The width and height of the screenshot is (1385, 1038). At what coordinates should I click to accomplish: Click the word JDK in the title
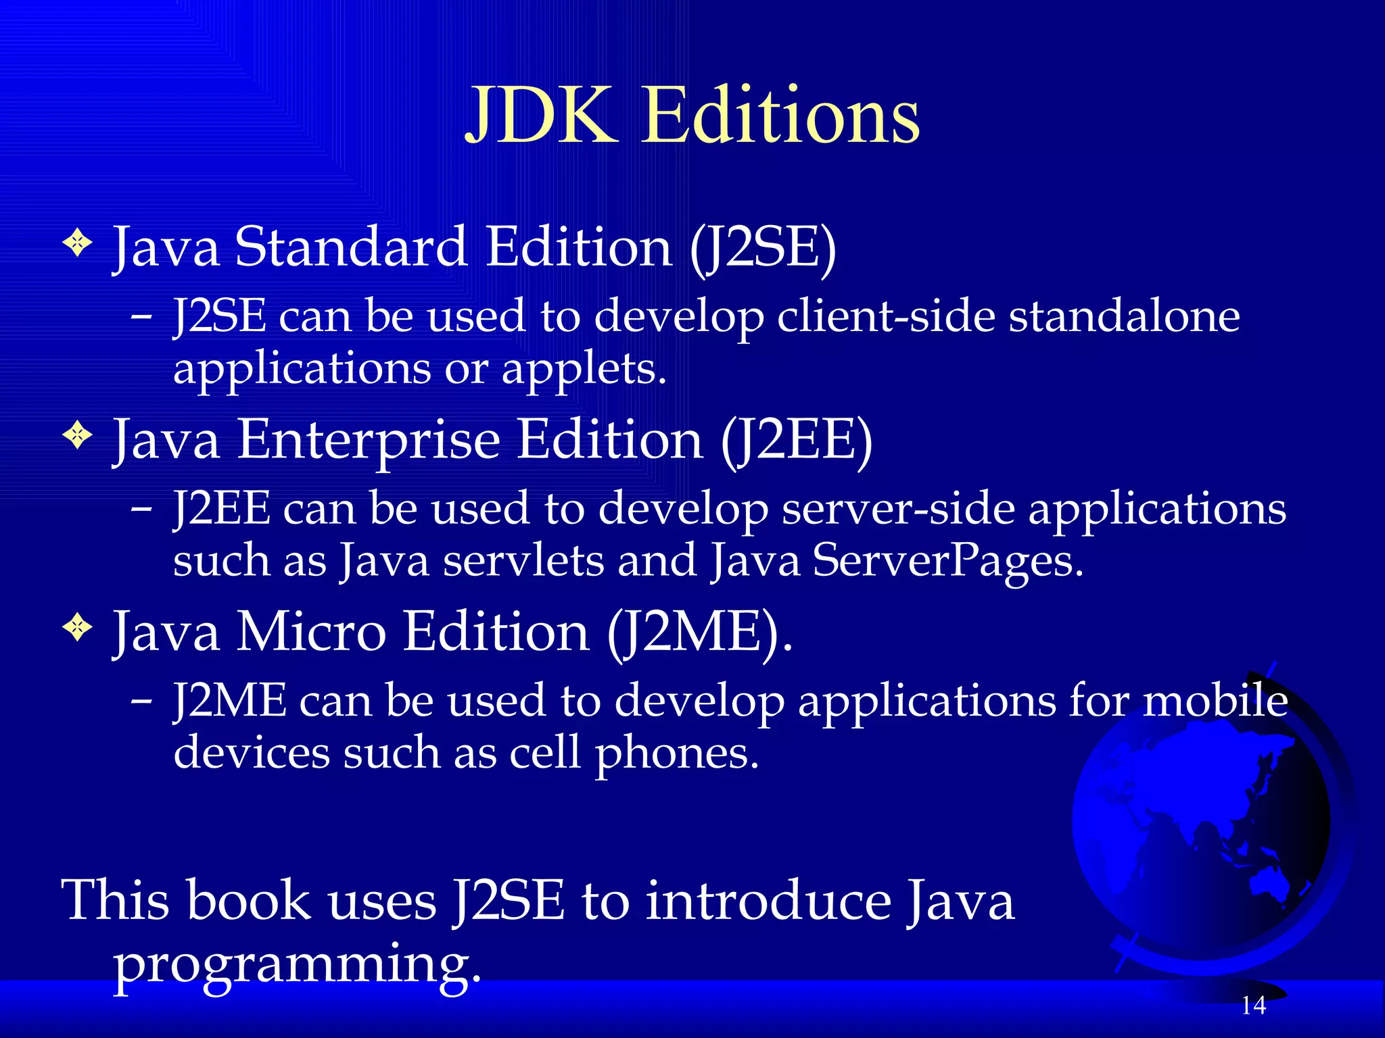541,116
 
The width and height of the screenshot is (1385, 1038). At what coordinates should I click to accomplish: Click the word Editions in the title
780,116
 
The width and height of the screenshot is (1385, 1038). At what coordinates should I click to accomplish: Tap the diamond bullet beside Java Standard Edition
78,243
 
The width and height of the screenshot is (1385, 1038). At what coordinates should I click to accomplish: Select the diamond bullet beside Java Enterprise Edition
78,435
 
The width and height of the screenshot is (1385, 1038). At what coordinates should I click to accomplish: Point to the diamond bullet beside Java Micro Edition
78,628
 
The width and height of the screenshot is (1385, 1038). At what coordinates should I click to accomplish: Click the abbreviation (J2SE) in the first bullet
763,247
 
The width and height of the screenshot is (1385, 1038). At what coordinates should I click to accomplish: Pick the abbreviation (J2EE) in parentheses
796,440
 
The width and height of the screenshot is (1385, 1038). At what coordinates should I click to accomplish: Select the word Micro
310,633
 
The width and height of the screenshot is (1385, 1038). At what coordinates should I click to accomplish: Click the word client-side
885,316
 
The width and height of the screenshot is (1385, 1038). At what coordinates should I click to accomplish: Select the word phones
676,754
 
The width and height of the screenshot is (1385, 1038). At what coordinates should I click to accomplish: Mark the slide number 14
1253,1006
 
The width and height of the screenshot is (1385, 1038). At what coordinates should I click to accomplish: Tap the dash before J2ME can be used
141,701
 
